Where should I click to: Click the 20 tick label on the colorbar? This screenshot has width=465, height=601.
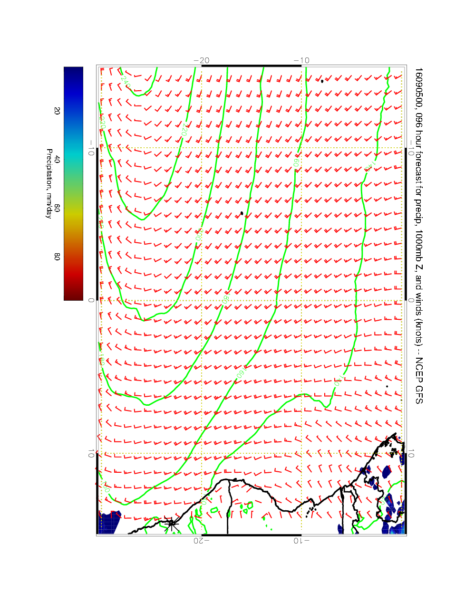(57, 111)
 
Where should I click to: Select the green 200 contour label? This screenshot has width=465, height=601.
(199, 234)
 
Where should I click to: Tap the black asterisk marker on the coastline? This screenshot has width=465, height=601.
(172, 524)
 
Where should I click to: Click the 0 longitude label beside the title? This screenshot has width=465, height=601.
(412, 300)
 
